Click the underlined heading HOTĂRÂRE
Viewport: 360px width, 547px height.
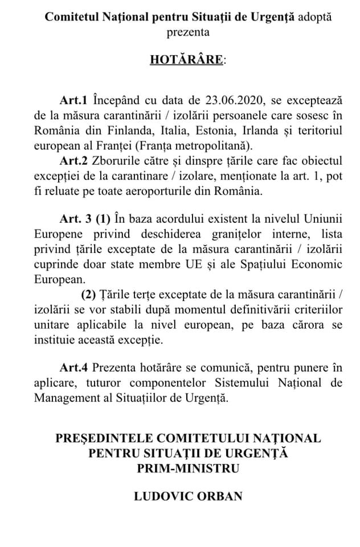coord(178,60)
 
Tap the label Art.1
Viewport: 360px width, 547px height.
coord(73,101)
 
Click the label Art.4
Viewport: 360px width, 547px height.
coord(73,368)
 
